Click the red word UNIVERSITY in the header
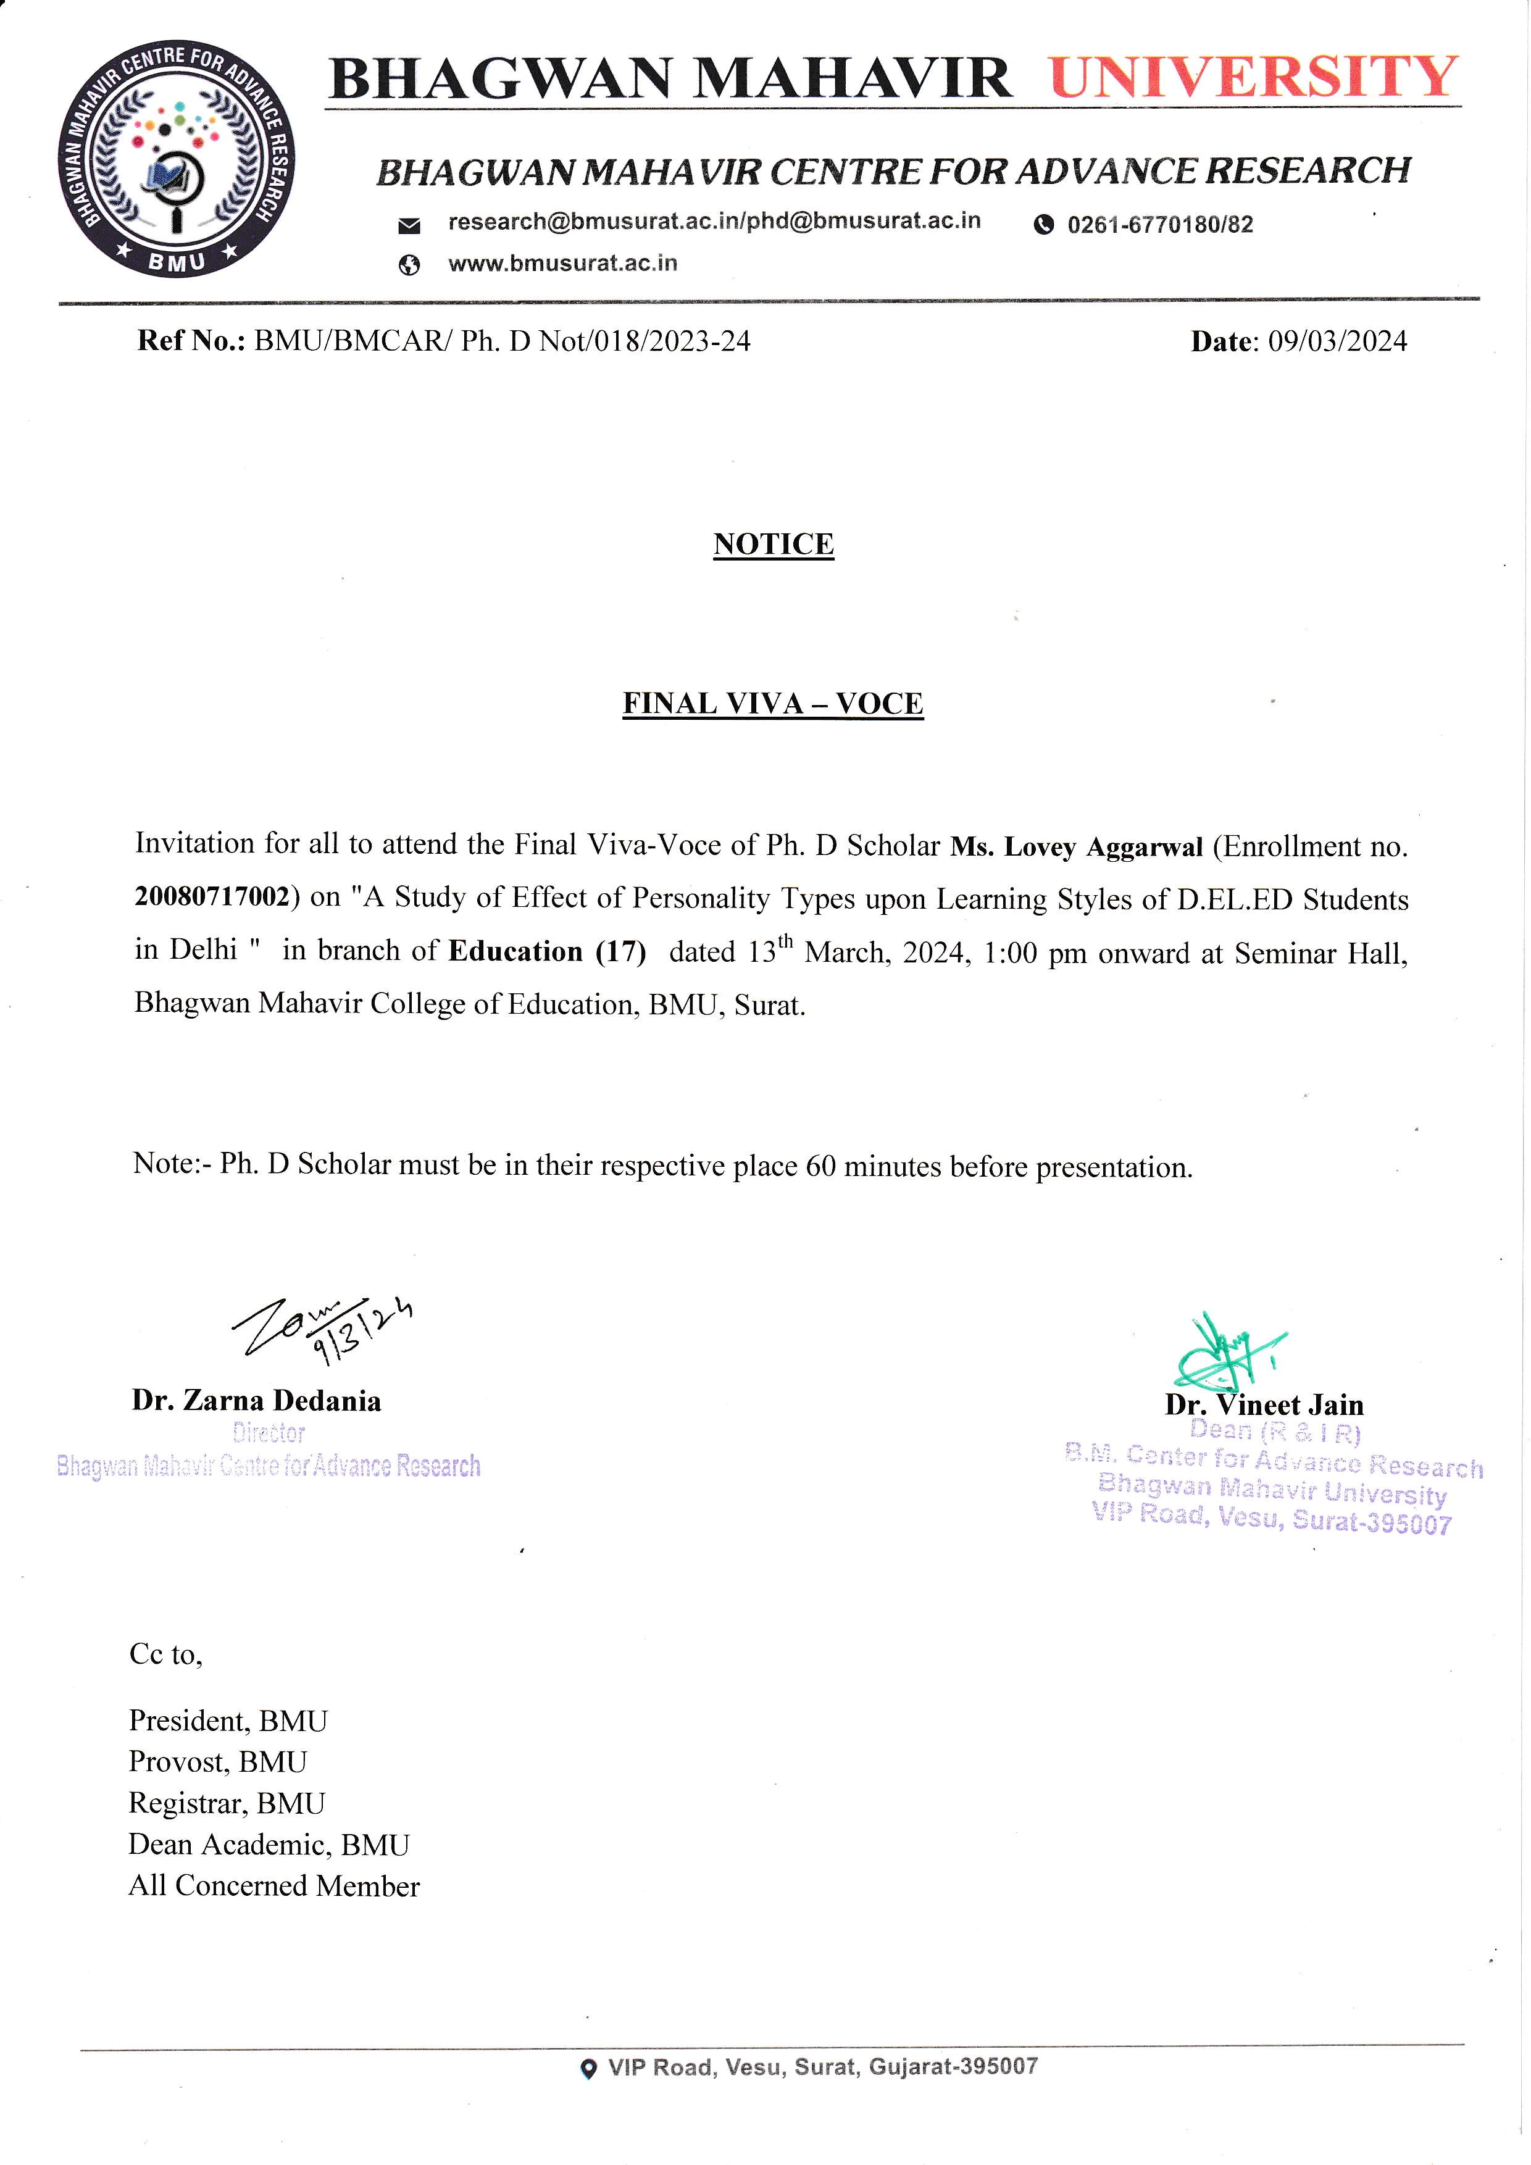coord(1254,77)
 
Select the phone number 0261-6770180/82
coord(1159,225)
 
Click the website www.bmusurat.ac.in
coord(563,263)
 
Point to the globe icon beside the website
coord(409,266)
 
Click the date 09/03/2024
coord(1337,341)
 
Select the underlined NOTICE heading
coord(773,544)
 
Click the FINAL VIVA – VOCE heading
coord(773,703)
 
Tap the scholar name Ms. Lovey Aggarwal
coord(1075,847)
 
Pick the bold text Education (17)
coord(547,951)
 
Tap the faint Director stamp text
coord(269,1433)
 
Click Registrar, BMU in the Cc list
coord(227,1804)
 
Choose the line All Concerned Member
coord(274,1886)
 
